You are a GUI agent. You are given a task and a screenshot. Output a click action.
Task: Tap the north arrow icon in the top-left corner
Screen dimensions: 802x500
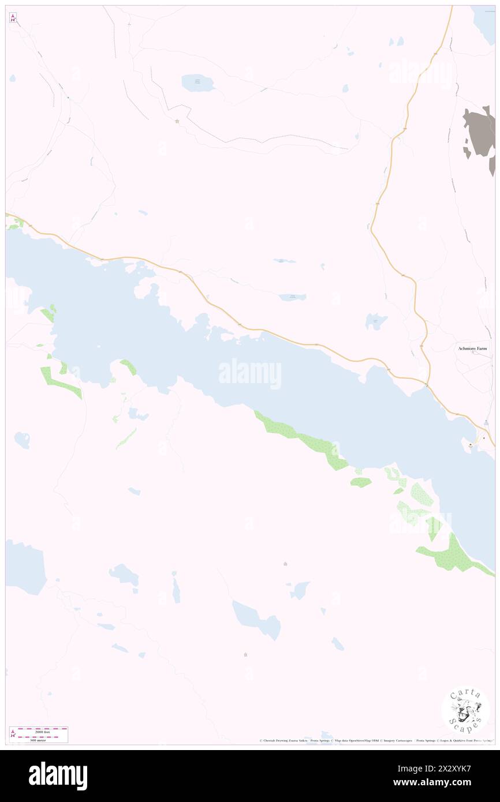(13, 18)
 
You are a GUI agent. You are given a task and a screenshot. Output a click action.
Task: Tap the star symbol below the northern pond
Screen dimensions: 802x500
(177, 121)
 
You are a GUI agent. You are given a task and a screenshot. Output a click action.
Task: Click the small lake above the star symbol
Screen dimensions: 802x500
(197, 83)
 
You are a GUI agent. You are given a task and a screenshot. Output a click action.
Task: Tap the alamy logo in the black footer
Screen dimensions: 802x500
(58, 775)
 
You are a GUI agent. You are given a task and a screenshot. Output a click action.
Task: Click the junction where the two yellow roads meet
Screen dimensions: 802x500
(427, 384)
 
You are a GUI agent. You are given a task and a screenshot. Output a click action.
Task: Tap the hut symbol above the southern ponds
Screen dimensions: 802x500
(285, 564)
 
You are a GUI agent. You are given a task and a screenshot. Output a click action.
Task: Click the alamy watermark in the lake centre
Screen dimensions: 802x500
(250, 373)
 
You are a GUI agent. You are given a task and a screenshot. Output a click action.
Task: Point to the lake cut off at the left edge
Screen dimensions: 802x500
(24, 565)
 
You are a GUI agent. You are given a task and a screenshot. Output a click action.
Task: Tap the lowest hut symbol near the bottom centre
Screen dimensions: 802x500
(246, 654)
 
